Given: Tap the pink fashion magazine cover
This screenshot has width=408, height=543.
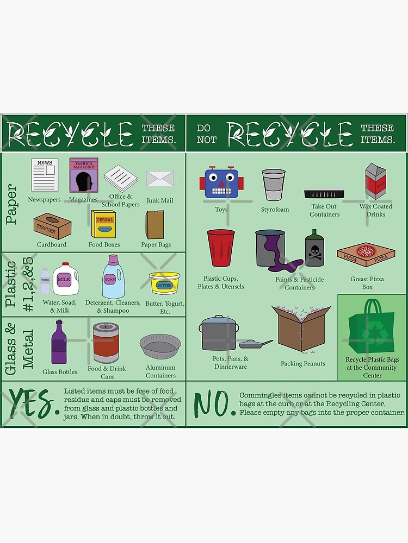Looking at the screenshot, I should (83, 175).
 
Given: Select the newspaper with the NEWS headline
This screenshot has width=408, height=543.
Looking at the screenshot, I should (45, 174).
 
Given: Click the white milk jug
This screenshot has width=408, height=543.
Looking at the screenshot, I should (66, 279).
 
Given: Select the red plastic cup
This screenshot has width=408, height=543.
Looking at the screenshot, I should (220, 248).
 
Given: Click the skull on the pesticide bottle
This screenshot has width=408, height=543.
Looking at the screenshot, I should (315, 252).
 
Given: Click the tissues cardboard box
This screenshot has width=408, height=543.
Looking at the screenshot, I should (53, 225).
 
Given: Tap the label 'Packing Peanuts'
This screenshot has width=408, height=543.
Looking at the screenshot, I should (302, 364).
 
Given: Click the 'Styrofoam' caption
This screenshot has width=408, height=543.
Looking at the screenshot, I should (275, 210).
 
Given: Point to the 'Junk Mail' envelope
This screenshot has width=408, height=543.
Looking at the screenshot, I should (160, 179).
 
